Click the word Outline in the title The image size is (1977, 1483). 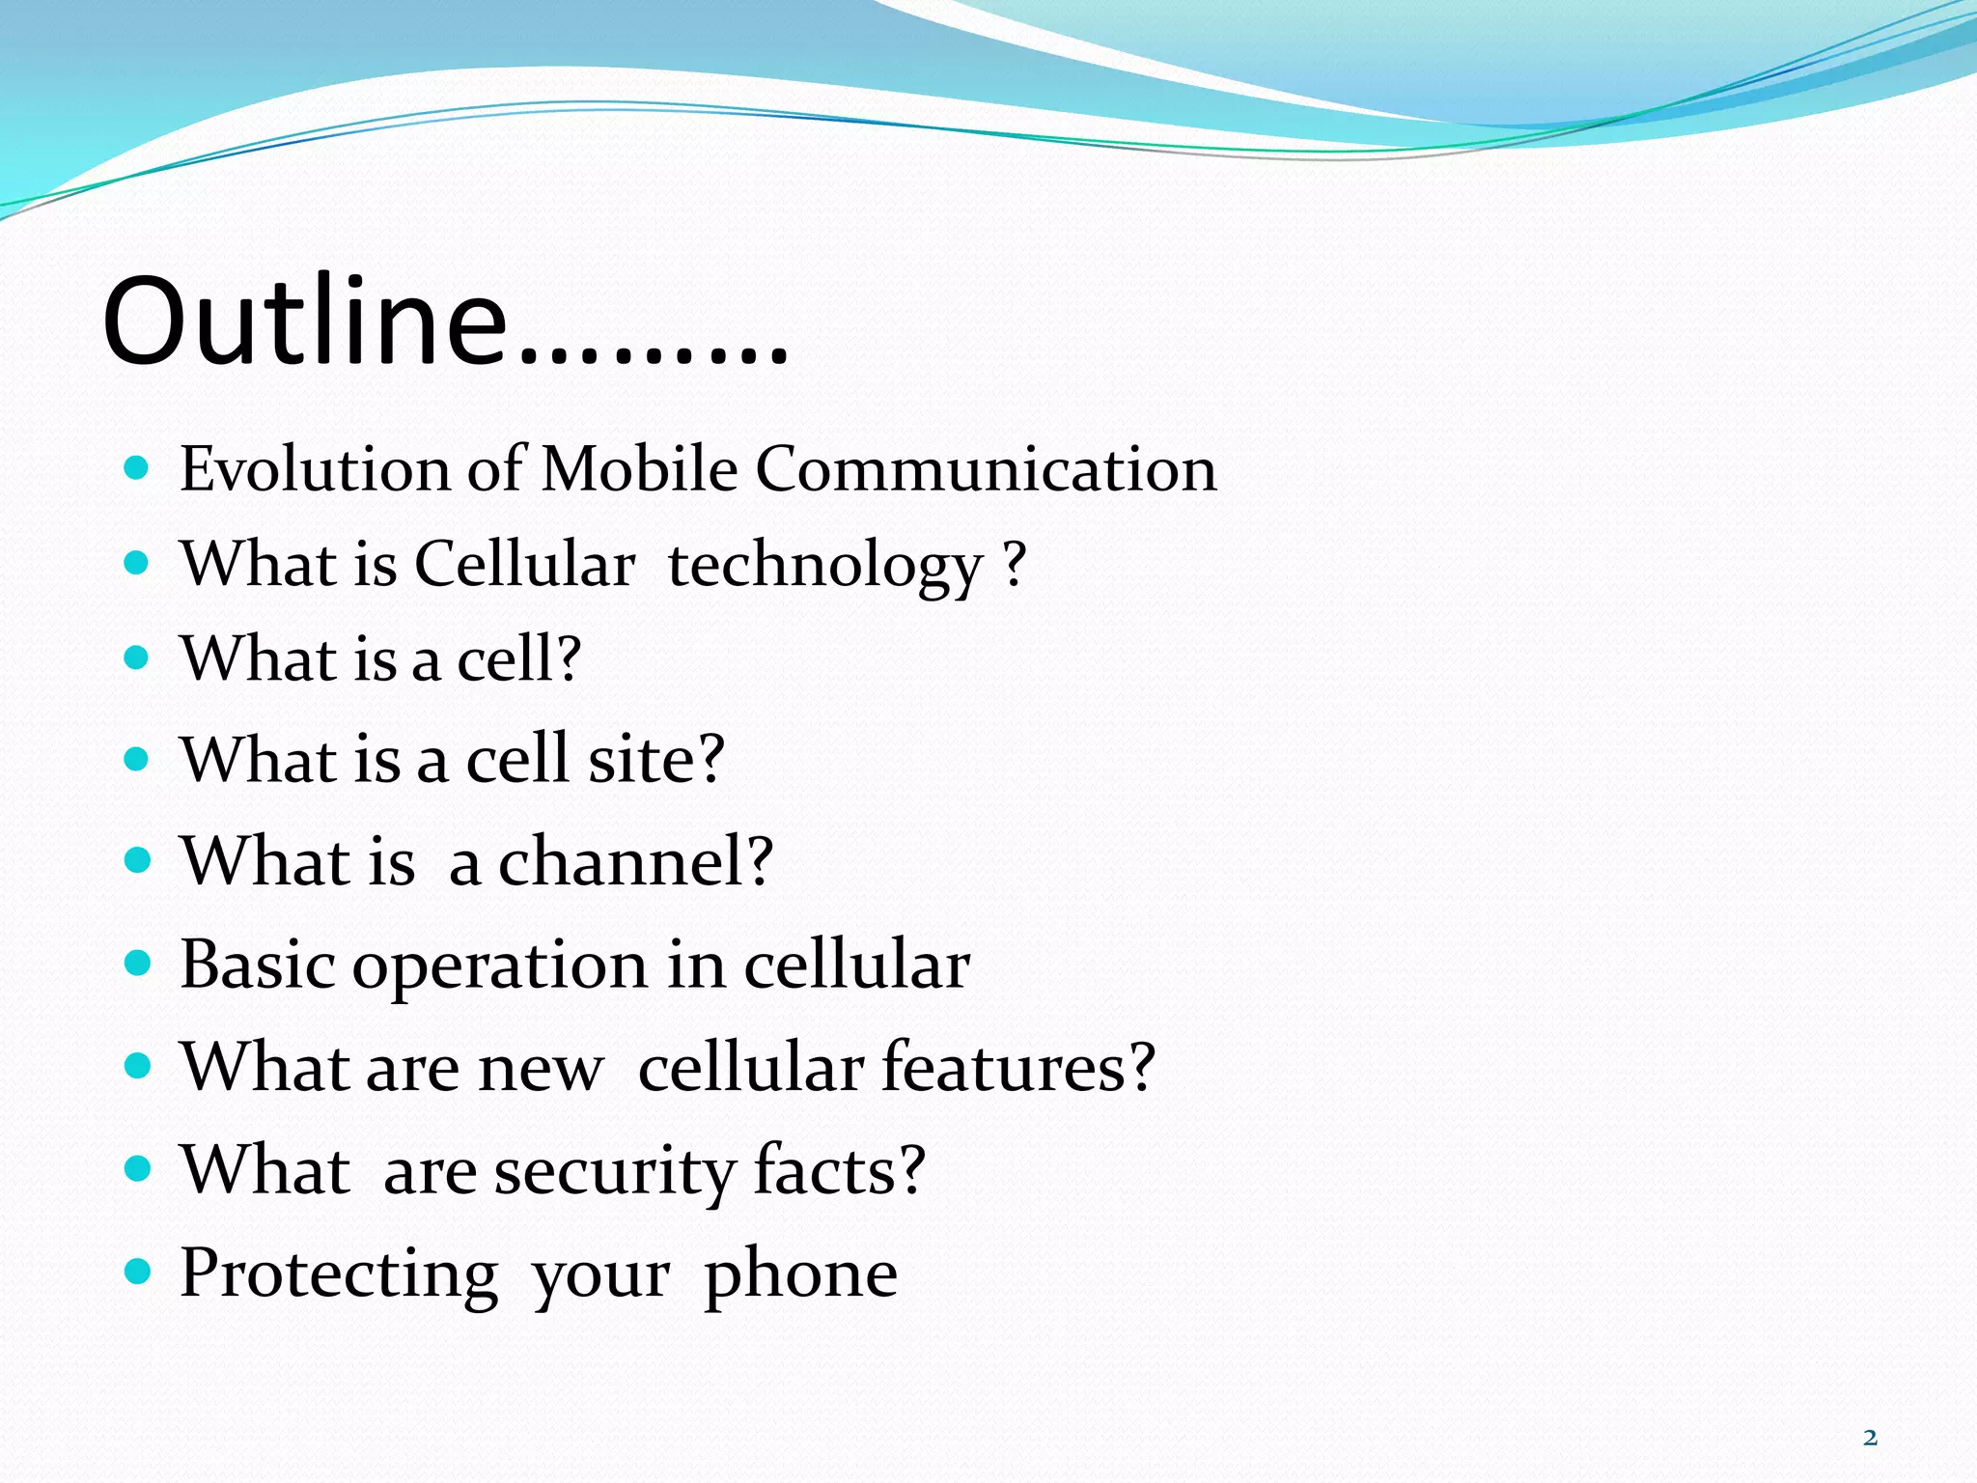305,321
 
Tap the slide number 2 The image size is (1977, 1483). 1870,1439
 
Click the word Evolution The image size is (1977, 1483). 315,470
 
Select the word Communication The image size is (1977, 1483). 986,470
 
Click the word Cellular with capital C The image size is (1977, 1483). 524,564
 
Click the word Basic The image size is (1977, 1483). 258,965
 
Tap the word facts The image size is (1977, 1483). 838,1169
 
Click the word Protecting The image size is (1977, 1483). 339,1275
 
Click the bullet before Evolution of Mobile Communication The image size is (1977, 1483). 138,469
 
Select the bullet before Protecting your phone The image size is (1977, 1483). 138,1272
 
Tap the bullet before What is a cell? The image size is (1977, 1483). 138,658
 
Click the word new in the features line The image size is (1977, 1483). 541,1070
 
